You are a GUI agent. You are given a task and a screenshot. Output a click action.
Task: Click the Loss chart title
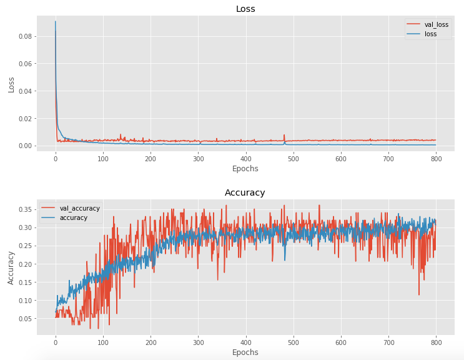click(x=245, y=9)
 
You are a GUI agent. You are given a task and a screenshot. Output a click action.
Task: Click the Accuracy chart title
click(x=245, y=192)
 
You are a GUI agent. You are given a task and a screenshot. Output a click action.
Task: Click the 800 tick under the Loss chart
click(x=436, y=159)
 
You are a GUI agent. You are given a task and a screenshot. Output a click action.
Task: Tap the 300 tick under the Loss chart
click(x=198, y=159)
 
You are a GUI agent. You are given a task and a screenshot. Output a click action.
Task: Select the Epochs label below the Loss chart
click(x=245, y=169)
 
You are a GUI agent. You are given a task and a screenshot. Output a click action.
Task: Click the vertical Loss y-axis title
click(x=11, y=81)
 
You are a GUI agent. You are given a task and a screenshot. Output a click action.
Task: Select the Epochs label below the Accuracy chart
click(x=245, y=352)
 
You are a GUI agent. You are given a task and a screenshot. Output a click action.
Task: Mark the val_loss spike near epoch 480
click(x=284, y=136)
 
